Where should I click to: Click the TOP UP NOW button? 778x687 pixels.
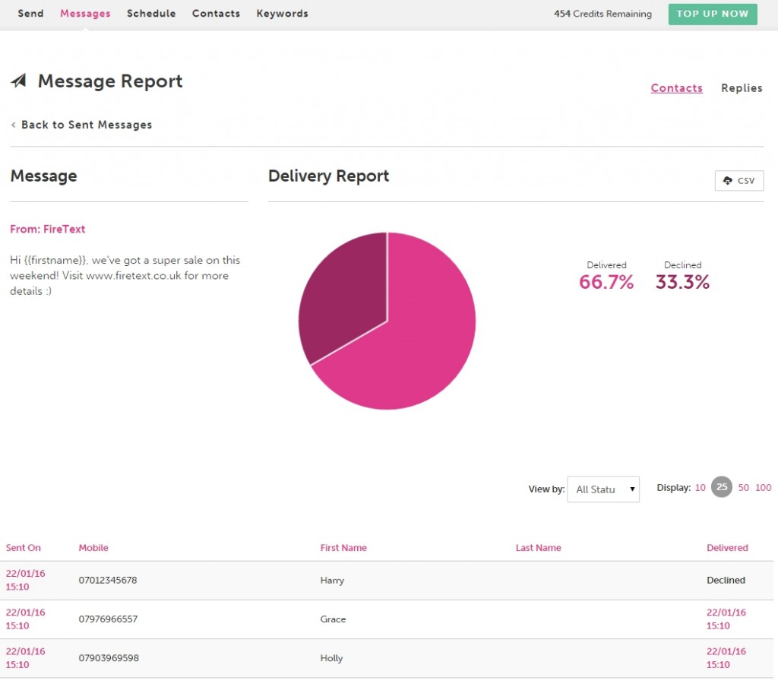713,14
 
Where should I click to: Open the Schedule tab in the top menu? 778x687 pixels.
151,14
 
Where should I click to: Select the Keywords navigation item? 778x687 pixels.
282,14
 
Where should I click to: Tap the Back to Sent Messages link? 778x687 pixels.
86,125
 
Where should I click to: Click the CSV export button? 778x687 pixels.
739,181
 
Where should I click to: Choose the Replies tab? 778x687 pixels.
742,88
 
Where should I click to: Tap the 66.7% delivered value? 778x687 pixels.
606,283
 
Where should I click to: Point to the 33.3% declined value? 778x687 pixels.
682,283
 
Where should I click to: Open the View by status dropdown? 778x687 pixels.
603,489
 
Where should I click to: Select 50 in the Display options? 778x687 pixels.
744,488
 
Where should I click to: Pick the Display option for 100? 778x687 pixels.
764,488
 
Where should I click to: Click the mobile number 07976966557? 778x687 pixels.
108,619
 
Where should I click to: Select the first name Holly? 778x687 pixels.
332,658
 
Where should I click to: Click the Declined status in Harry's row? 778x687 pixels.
726,581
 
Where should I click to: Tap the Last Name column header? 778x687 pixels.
538,548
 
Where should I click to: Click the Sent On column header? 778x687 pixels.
24,548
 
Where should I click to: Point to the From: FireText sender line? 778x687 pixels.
48,229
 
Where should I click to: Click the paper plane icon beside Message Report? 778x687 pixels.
19,81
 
